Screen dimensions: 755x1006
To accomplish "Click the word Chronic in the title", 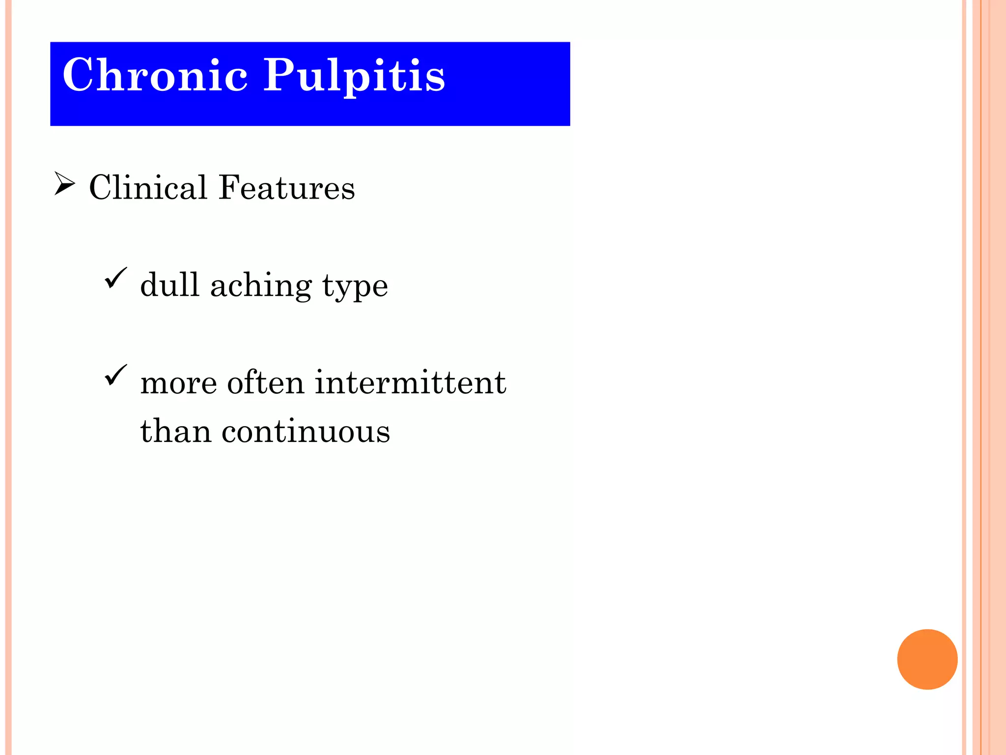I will click(155, 75).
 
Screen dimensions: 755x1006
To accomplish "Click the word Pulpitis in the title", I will click(354, 76).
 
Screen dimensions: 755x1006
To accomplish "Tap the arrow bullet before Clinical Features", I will click(64, 184).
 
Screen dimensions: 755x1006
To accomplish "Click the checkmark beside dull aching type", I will click(115, 278).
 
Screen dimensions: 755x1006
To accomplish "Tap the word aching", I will click(261, 286).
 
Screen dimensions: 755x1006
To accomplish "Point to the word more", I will click(178, 383).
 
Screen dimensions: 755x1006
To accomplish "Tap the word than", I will click(176, 431).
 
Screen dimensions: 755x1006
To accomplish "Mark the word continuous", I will click(306, 431).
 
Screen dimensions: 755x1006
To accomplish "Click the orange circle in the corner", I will click(927, 659).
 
